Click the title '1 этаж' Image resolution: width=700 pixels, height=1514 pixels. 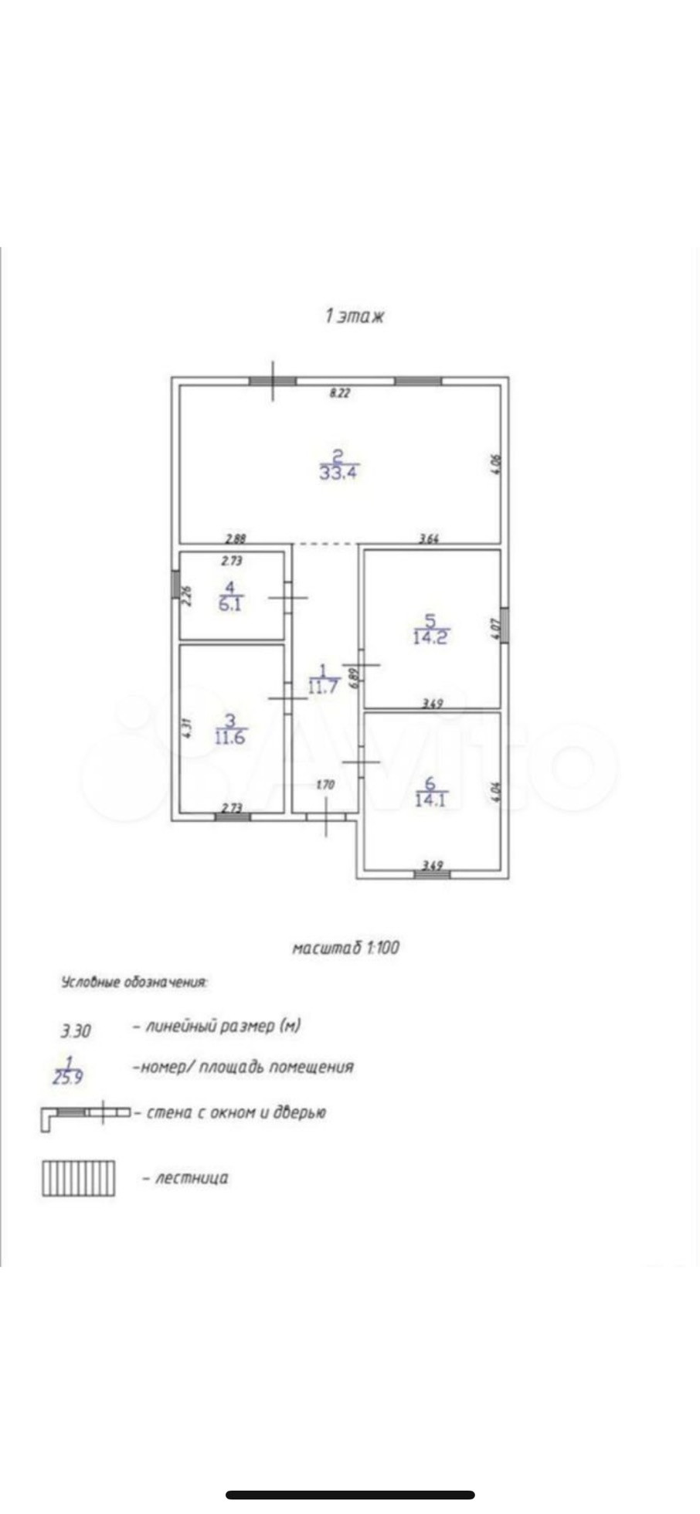click(x=354, y=316)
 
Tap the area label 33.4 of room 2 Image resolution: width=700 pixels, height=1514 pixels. click(x=339, y=471)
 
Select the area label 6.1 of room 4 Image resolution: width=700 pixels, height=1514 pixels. click(x=230, y=604)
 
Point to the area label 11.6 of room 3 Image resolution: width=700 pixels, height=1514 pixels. click(x=230, y=737)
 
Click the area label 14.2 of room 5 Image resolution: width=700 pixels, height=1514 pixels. click(x=430, y=637)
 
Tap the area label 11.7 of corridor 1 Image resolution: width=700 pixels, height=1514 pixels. click(x=324, y=686)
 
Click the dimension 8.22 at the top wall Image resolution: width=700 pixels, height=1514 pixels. click(x=340, y=392)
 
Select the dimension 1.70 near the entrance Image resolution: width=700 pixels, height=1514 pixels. click(x=325, y=785)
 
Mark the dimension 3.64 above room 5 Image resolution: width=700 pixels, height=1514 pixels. click(x=429, y=539)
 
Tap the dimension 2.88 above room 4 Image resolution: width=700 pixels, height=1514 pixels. click(x=236, y=539)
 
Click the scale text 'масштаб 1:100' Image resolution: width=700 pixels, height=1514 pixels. click(x=345, y=947)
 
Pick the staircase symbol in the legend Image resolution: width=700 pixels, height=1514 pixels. click(x=78, y=1178)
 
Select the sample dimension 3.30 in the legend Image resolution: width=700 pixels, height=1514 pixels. click(x=76, y=1030)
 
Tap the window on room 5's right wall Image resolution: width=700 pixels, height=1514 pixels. click(x=505, y=625)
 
